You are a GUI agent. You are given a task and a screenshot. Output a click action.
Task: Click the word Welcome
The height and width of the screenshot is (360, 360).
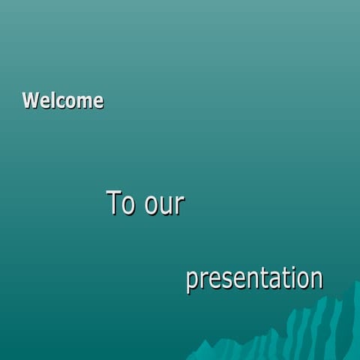tap(63, 100)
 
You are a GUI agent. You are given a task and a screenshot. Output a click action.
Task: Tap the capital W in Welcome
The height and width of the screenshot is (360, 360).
tap(31, 100)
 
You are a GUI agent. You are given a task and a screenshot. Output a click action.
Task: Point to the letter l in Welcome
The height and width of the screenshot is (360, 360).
tap(49, 100)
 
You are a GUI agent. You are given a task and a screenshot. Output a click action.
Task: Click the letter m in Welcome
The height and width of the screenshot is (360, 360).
tap(82, 102)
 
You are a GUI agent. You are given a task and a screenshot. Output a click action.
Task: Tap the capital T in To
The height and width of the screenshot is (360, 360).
tap(115, 202)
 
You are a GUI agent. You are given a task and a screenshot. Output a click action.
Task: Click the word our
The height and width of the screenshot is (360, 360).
tap(164, 205)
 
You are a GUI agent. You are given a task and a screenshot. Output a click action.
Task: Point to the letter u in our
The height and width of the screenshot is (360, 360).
tap(166, 206)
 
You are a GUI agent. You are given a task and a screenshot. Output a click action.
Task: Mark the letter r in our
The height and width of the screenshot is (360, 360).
tap(179, 205)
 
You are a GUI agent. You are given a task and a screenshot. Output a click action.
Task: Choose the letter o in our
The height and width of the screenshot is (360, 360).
tap(152, 206)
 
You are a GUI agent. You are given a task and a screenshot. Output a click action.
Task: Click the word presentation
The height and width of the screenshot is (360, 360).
tap(254, 279)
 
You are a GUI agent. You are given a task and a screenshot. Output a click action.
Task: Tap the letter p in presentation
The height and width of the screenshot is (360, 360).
tap(192, 281)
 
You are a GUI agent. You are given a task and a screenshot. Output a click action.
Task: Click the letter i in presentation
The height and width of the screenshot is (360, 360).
tap(292, 277)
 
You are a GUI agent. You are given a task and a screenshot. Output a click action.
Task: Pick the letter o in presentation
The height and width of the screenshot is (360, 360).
tap(303, 280)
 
